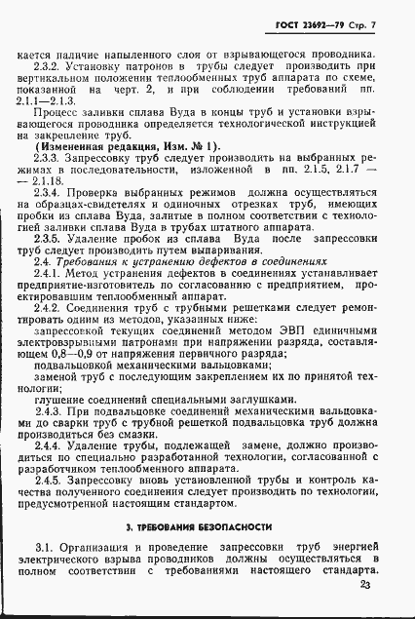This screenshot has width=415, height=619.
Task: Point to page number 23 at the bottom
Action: coord(365,586)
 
